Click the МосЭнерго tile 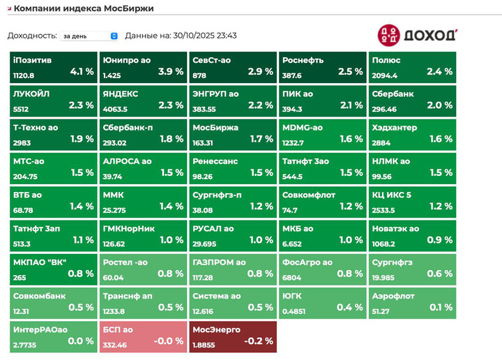point(233,336)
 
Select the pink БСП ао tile point(143,336)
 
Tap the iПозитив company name point(32,61)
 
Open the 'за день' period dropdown point(91,36)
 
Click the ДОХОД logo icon point(388,35)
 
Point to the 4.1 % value point(82,71)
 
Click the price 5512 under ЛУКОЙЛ point(21,109)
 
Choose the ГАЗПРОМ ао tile point(233,269)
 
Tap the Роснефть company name point(303,61)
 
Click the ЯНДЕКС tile point(143,100)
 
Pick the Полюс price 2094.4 point(385,75)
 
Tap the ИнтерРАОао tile point(53,336)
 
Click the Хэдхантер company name point(395,128)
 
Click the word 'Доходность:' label point(32,36)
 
